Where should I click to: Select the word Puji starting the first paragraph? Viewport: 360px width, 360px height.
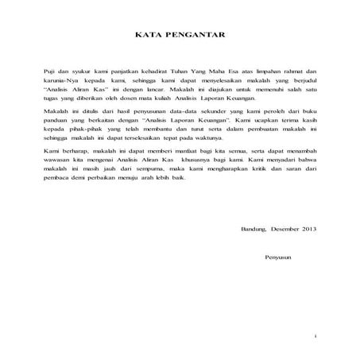[x=51, y=72]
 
